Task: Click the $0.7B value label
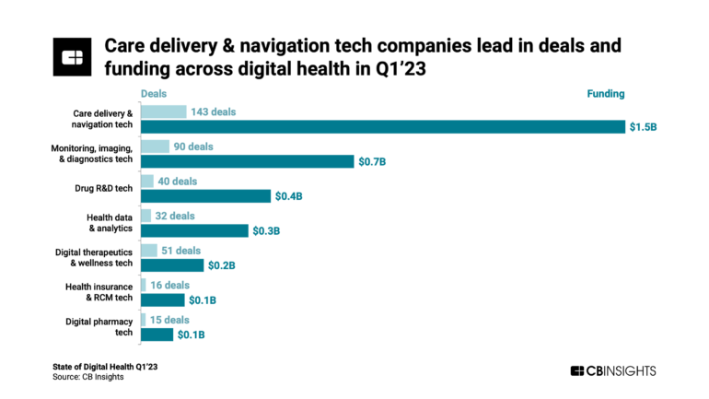point(372,162)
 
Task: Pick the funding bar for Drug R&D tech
point(206,196)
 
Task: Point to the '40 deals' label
point(178,182)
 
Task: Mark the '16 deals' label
point(171,286)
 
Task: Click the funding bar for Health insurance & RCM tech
point(163,300)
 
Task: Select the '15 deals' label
point(170,320)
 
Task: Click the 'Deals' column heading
point(154,94)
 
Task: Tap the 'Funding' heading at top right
point(606,94)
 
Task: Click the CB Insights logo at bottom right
point(613,370)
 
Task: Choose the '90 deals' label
point(193,147)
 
